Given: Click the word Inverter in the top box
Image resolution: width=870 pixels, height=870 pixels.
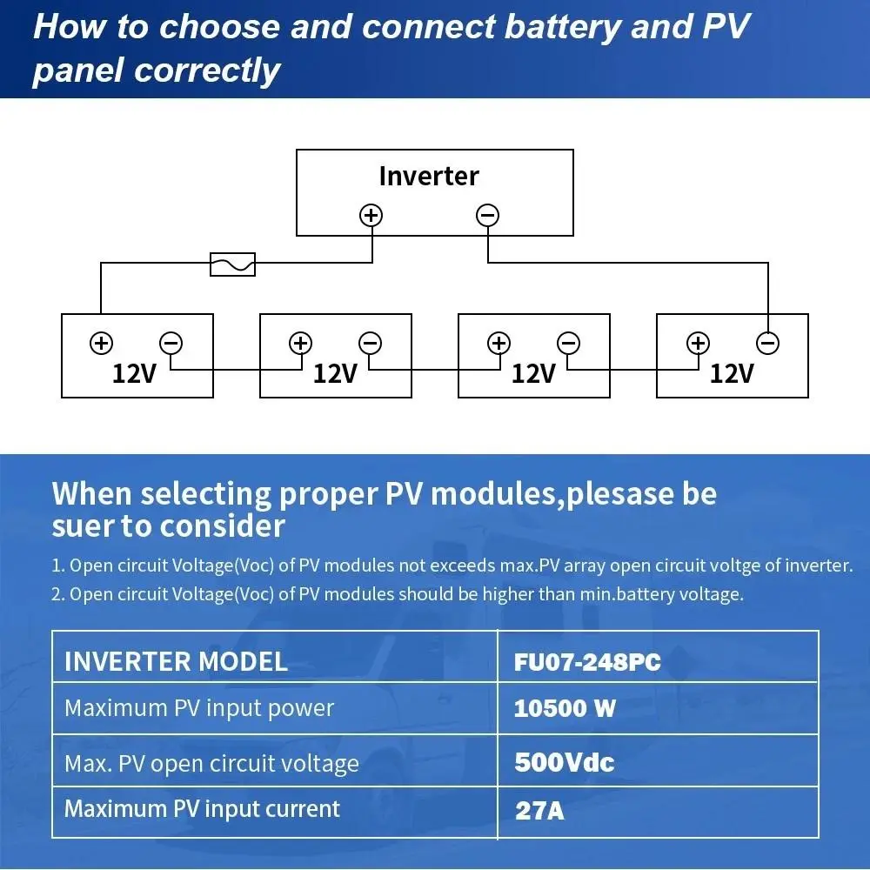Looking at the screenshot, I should pyautogui.click(x=429, y=176).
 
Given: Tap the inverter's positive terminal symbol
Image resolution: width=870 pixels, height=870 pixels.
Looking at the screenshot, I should pyautogui.click(x=371, y=215).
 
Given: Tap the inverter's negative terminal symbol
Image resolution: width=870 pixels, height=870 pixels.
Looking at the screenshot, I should pyautogui.click(x=488, y=215).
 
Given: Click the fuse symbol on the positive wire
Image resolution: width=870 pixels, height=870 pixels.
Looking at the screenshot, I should pyautogui.click(x=233, y=264).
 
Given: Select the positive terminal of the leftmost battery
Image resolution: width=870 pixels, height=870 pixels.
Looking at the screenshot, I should pyautogui.click(x=101, y=343).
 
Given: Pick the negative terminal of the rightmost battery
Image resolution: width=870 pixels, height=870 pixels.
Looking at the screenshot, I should pyautogui.click(x=767, y=343).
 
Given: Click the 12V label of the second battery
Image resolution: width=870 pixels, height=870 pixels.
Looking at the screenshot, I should pyautogui.click(x=335, y=374).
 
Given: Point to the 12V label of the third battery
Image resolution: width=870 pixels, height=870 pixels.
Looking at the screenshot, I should pyautogui.click(x=533, y=374).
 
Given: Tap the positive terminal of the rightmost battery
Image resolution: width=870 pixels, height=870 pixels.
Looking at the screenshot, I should pyautogui.click(x=698, y=343).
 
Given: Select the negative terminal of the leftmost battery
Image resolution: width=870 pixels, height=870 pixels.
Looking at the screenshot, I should pyautogui.click(x=171, y=343).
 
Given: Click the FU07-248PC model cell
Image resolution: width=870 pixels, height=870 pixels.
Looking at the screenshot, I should pyautogui.click(x=587, y=663).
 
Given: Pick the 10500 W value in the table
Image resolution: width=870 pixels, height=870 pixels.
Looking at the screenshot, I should pyautogui.click(x=565, y=708).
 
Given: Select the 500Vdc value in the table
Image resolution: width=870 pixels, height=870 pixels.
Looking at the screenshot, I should pyautogui.click(x=564, y=763).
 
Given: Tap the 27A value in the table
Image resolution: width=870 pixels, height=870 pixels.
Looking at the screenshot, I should pyautogui.click(x=539, y=811).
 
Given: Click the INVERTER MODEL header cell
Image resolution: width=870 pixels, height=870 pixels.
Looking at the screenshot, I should pyautogui.click(x=176, y=662).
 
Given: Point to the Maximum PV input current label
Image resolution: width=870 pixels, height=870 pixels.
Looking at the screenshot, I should pyautogui.click(x=202, y=809).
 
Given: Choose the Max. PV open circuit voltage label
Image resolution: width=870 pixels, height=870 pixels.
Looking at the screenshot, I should pyautogui.click(x=211, y=764).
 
